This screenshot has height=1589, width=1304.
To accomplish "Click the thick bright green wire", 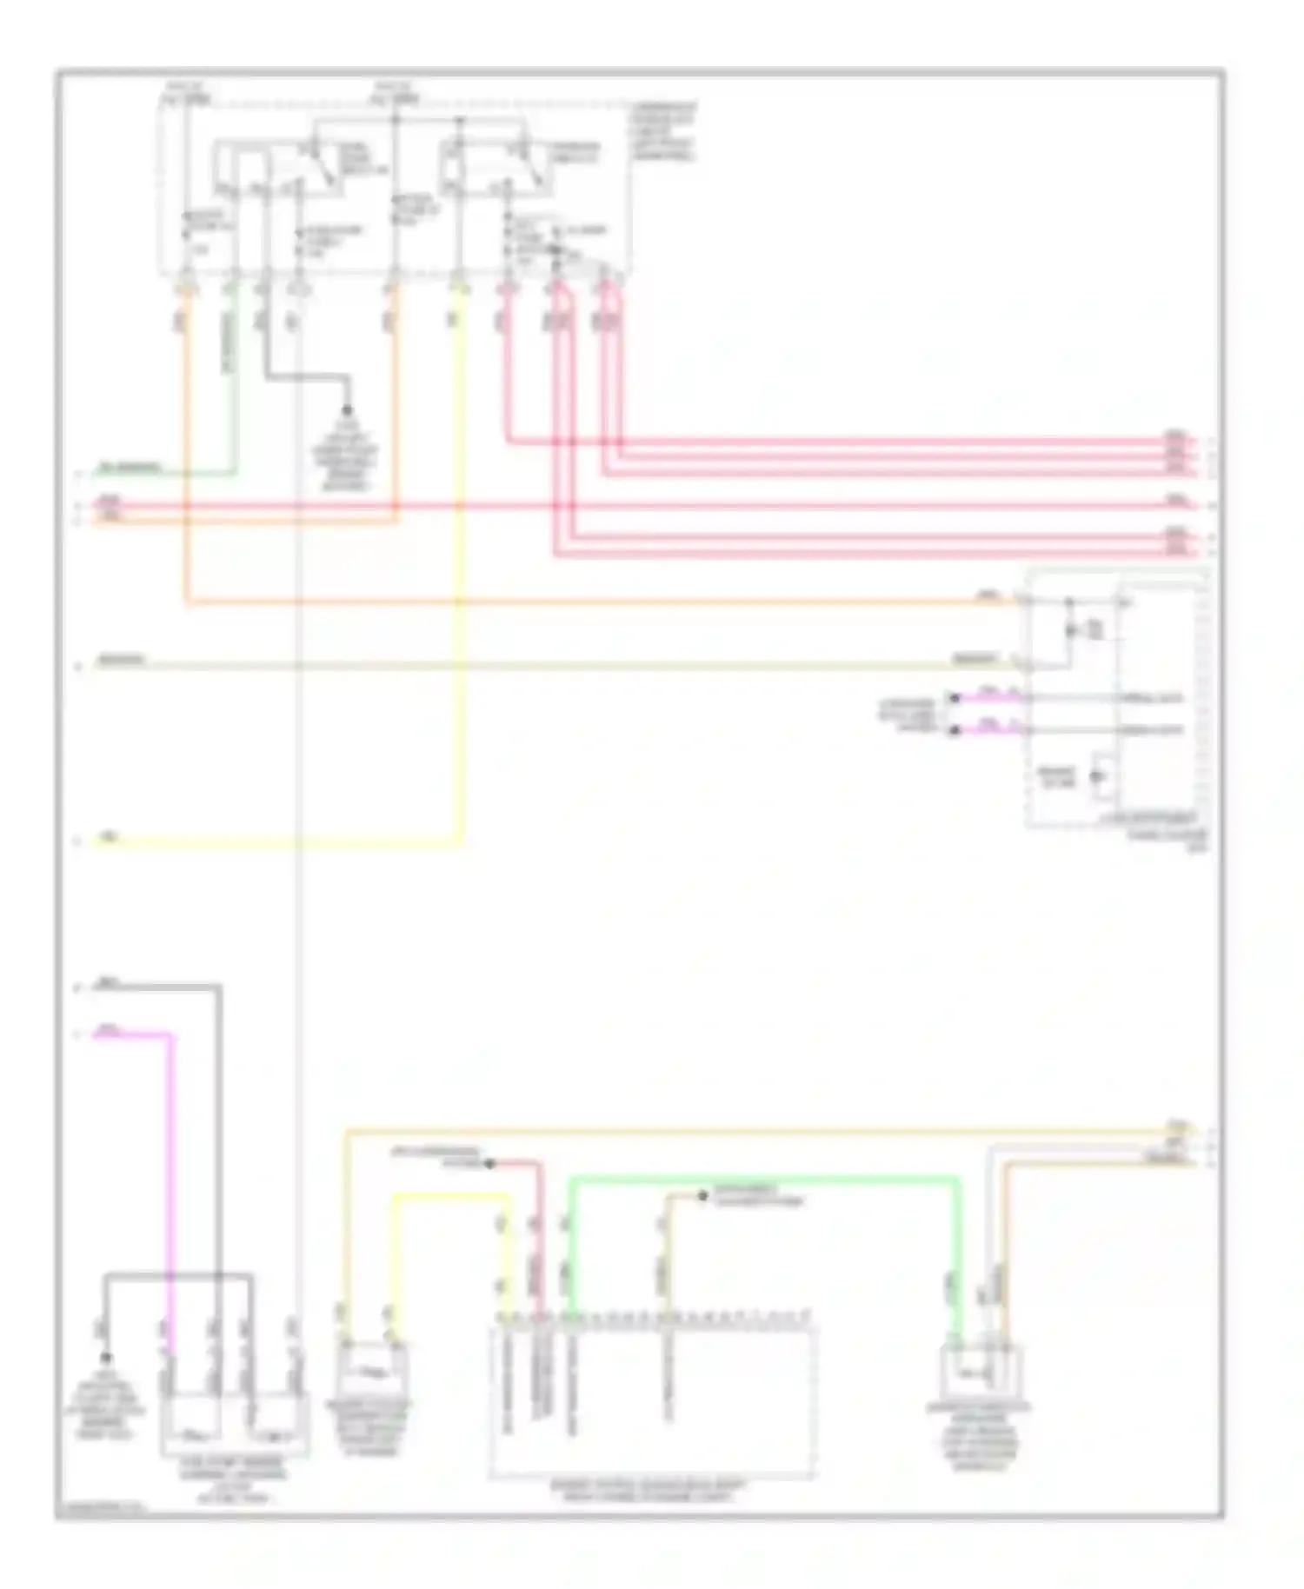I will click(x=765, y=1180).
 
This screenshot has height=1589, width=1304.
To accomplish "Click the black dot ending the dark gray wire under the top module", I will click(x=348, y=409).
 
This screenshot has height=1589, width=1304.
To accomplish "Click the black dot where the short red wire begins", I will click(x=489, y=1163).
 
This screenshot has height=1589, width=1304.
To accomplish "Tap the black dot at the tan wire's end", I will click(x=702, y=1197).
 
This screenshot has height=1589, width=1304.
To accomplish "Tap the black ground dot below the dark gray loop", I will click(x=106, y=1358).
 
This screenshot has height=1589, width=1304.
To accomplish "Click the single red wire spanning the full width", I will click(x=643, y=505).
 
